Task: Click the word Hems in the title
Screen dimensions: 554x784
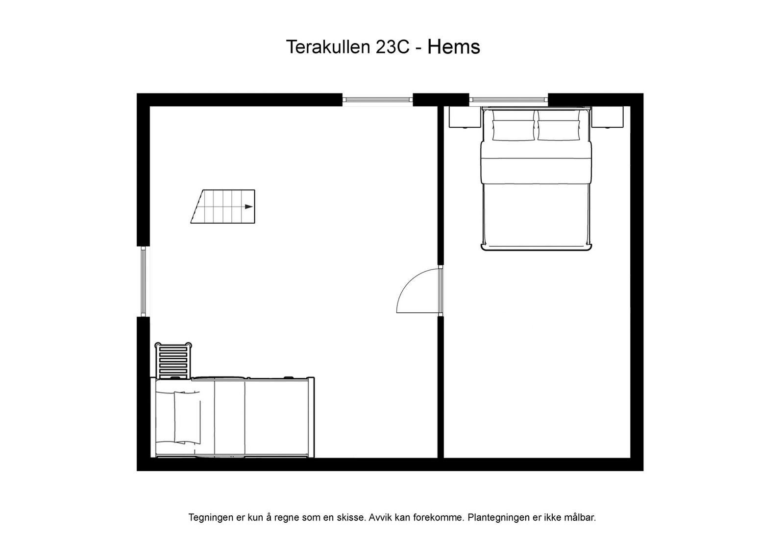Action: click(453, 47)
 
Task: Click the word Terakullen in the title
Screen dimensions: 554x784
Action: click(328, 47)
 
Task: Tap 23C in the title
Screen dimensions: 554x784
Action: click(392, 47)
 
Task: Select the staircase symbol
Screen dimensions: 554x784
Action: click(223, 207)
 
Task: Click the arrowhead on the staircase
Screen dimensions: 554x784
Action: click(249, 207)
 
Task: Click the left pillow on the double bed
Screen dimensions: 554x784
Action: click(513, 130)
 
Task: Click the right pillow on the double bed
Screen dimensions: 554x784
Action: click(558, 130)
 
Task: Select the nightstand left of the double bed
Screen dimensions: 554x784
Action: click(465, 117)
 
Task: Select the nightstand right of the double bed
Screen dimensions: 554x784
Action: click(607, 117)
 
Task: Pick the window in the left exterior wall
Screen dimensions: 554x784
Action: click(143, 281)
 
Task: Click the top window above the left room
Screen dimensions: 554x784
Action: click(377, 99)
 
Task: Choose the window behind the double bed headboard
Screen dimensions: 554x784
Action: click(508, 99)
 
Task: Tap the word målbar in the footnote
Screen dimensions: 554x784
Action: click(581, 517)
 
